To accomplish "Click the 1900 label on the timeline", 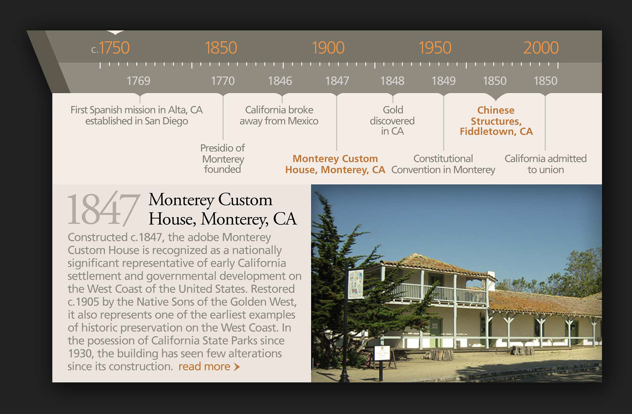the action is coord(328,47).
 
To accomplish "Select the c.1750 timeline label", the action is coord(110,47).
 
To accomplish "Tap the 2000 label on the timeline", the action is coord(541,47).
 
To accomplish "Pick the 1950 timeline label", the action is coord(435,47).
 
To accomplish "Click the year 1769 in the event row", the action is coord(138,81).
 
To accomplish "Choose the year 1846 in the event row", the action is coord(280,81).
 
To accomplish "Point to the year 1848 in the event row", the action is coord(392,81).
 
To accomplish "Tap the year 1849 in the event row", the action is coord(444,81).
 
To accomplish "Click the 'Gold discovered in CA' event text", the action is coord(392,120).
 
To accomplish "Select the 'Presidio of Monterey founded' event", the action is coord(223,158).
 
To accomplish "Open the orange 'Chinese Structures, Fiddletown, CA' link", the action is coord(496,120).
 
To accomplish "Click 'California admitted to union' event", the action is coord(545,164).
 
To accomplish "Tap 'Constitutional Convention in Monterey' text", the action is coord(443,164).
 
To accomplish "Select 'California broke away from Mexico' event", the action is coord(279,115).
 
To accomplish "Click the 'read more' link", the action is coord(209,367).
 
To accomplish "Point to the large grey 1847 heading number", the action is coord(103,209).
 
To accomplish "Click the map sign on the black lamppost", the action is coord(355,284).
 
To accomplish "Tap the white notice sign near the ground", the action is coord(382,353).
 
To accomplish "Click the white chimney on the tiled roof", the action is coord(491,281).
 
